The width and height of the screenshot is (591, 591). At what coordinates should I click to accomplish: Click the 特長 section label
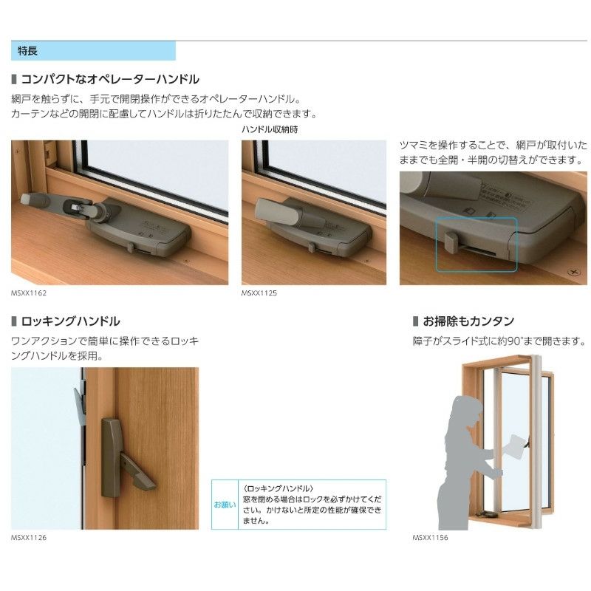coord(27,52)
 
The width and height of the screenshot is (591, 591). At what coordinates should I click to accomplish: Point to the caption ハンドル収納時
coord(270,129)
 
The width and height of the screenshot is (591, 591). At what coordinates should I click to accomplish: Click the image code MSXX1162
coord(29,293)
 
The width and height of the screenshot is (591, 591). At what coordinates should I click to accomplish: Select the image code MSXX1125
coord(259,293)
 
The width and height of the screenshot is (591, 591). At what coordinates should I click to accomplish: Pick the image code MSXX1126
coord(29,538)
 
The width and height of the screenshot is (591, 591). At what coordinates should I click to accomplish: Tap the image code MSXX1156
coord(430,538)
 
